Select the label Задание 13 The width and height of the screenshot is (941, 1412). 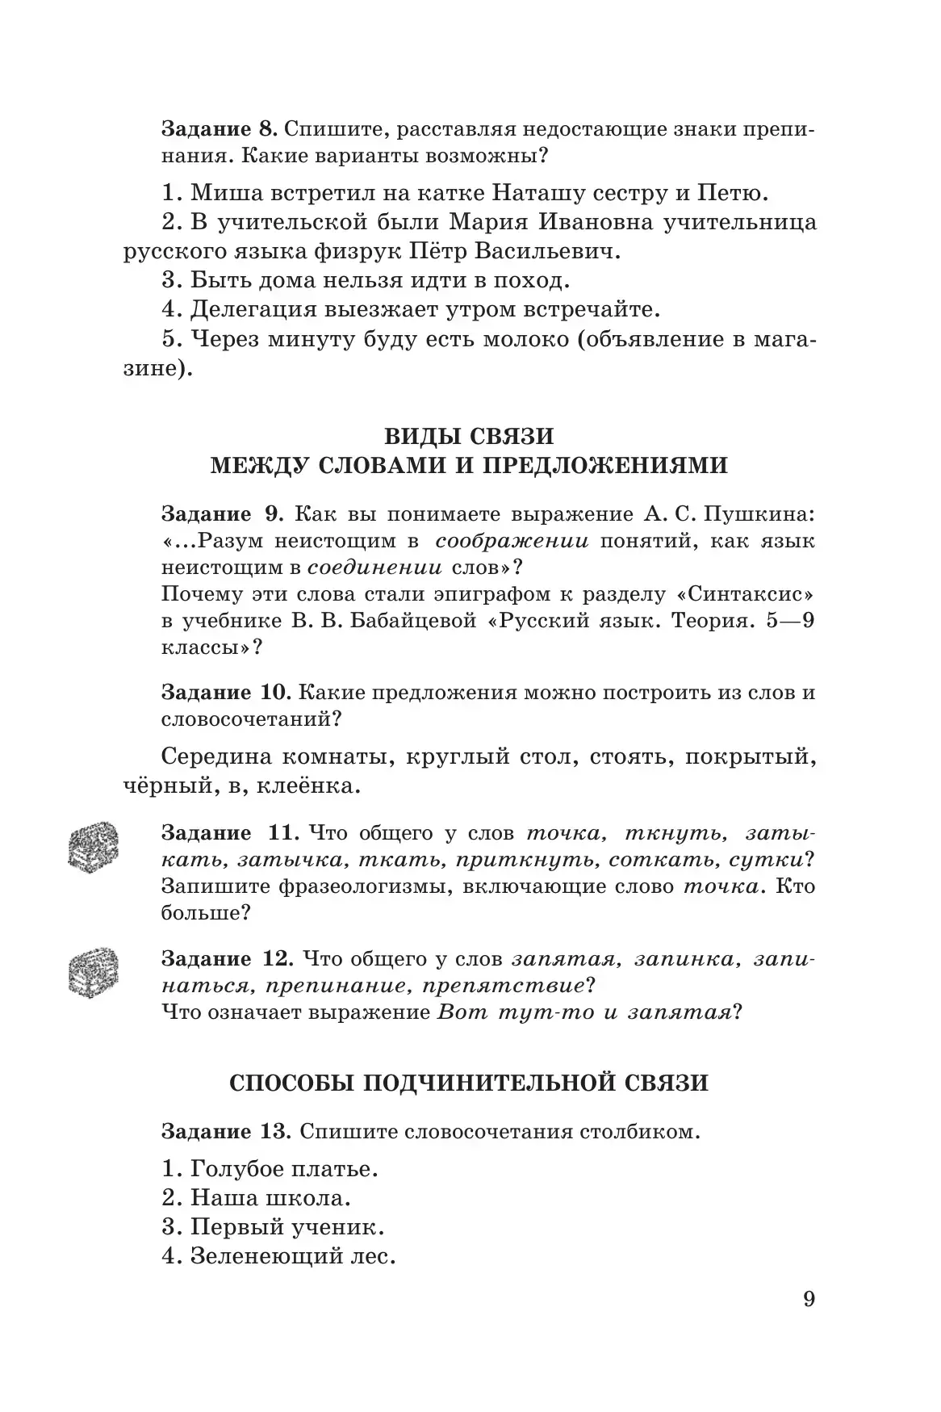tap(225, 1131)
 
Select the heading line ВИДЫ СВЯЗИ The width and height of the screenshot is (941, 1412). tap(468, 436)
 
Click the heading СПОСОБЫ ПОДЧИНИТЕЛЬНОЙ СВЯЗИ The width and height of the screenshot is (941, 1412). tap(469, 1083)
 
